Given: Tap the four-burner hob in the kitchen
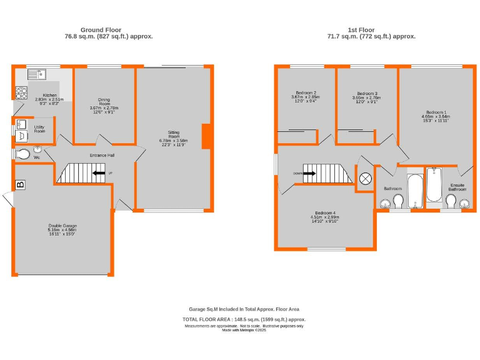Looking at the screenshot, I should tap(21, 93).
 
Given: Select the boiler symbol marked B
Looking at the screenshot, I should tap(20, 184).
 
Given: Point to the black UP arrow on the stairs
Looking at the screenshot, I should tap(99, 173).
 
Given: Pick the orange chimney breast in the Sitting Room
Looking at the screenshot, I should tap(206, 137).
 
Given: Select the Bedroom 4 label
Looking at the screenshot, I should tap(325, 212).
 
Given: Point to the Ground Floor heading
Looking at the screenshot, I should tap(100, 29).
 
